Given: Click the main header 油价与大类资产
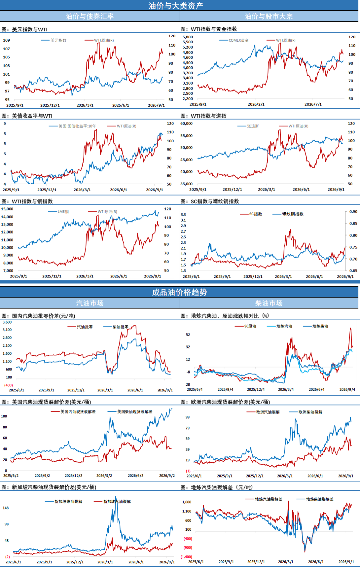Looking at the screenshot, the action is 176,6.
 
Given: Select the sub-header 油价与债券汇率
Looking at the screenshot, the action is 90,16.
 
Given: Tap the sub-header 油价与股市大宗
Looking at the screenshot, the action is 269,16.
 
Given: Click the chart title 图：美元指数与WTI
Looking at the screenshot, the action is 25,29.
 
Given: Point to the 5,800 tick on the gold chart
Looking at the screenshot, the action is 188,37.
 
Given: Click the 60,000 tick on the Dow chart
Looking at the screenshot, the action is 186,124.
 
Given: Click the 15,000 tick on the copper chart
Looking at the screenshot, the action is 7,209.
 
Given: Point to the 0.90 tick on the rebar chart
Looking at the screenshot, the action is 353,212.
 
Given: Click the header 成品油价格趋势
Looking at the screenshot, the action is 179,292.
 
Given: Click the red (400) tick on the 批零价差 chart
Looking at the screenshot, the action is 8,385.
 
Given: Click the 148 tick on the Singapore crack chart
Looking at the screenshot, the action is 6,508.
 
